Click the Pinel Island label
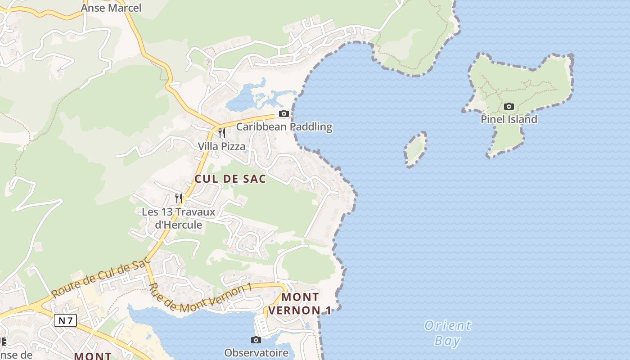point(508,119)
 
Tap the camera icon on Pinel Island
point(509,107)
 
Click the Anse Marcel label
point(111,8)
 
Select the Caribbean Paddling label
point(284,127)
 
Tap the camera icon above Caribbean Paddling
point(283,113)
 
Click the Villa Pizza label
point(222,146)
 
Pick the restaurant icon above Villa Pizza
point(222,133)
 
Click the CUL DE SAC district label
point(230,179)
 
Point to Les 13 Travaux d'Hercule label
point(179,218)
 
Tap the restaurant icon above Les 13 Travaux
point(179,198)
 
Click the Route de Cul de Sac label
point(100,279)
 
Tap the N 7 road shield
point(66,320)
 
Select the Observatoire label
point(256,352)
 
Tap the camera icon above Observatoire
point(256,340)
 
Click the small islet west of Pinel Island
point(415,149)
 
